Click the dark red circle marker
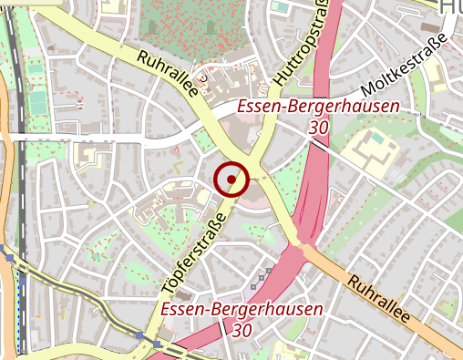pyautogui.click(x=232, y=179)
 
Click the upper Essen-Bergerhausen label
pyautogui.click(x=318, y=108)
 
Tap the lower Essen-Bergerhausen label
pyautogui.click(x=242, y=310)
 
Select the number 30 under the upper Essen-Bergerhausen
pyautogui.click(x=318, y=129)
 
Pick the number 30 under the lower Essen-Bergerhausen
pyautogui.click(x=242, y=329)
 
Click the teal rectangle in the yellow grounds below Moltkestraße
pyautogui.click(x=376, y=138)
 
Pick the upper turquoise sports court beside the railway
pyautogui.click(x=35, y=68)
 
